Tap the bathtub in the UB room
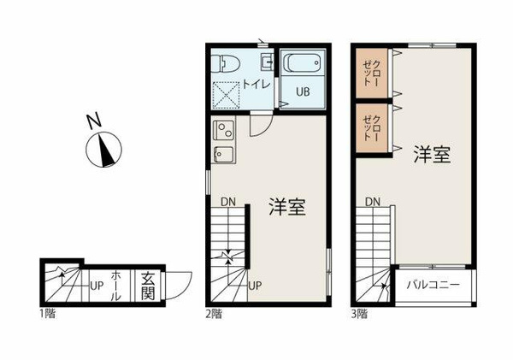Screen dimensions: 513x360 [x=303, y=64]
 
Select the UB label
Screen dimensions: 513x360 [x=303, y=91]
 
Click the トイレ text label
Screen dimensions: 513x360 [x=256, y=85]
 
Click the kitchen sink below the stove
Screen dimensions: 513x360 [x=224, y=155]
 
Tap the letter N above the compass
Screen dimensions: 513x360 [x=94, y=121]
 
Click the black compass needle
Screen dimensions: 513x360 [x=106, y=150]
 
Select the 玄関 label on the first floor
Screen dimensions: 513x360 [x=148, y=286]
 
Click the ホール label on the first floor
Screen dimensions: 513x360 [x=116, y=286]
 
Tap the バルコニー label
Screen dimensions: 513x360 [x=433, y=285]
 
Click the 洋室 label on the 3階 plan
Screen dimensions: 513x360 [x=433, y=155]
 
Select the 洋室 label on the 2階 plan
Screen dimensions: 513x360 [x=287, y=207]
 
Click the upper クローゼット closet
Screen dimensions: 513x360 [x=372, y=73]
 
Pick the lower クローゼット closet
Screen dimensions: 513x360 [x=372, y=128]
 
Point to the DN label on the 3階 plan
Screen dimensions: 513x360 [x=373, y=202]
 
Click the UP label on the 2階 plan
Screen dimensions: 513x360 [x=255, y=286]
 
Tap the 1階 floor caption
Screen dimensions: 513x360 [x=48, y=314]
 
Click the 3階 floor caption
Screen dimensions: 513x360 [x=359, y=314]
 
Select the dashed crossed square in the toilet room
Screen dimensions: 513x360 [x=226, y=95]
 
